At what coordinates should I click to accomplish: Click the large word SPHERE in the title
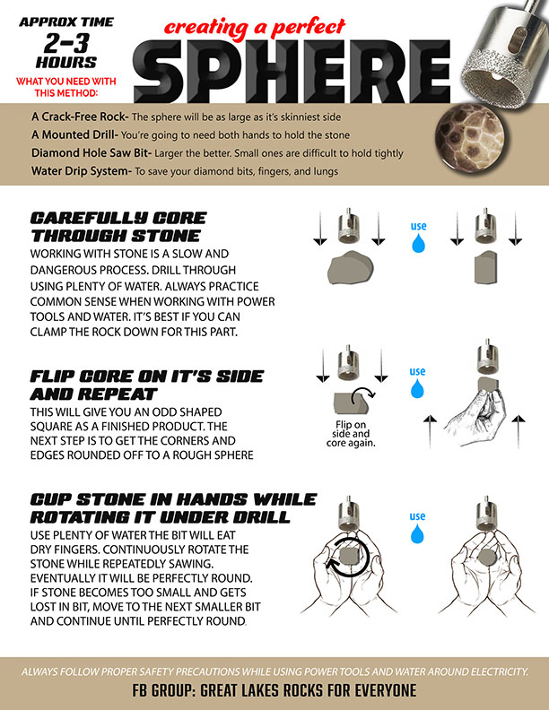click(x=292, y=71)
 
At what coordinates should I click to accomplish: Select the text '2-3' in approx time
click(x=66, y=43)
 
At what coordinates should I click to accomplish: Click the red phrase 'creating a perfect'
click(x=255, y=27)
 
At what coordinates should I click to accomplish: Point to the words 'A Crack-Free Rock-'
click(x=80, y=117)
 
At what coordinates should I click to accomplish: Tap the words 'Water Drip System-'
click(x=82, y=171)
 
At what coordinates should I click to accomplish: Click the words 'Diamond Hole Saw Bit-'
click(x=91, y=153)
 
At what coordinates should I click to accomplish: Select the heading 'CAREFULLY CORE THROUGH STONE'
click(x=118, y=227)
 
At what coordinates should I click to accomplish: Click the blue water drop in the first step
click(x=419, y=243)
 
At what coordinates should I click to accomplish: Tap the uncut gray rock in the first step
click(x=351, y=267)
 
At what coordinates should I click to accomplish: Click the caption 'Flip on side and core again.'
click(x=351, y=434)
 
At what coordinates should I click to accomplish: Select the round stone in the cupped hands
click(x=487, y=557)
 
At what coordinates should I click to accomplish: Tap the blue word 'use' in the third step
click(x=417, y=515)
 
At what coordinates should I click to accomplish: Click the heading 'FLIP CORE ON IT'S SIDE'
click(x=147, y=377)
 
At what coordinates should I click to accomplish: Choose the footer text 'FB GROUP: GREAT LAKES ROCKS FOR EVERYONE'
click(x=274, y=690)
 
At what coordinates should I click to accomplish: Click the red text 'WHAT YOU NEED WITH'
click(x=66, y=82)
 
